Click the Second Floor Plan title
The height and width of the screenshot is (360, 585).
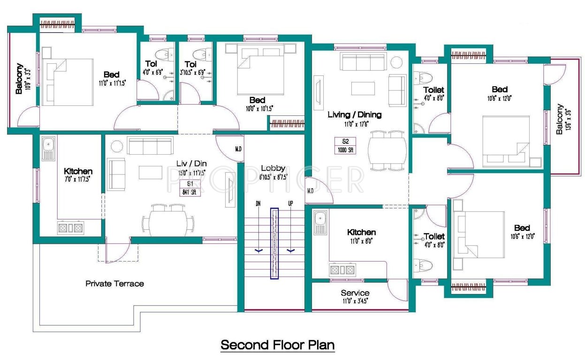[x=278, y=345]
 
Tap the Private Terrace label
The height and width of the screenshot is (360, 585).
[x=114, y=284]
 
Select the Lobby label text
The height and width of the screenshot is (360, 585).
[x=273, y=168]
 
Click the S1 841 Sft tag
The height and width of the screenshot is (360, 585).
[x=190, y=187]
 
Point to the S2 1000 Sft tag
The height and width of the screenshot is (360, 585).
[x=345, y=146]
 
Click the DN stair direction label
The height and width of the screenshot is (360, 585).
[x=258, y=204]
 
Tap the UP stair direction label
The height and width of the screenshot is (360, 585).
[x=291, y=204]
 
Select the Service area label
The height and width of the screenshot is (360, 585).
[x=355, y=293]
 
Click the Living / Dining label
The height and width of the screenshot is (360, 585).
[x=354, y=114]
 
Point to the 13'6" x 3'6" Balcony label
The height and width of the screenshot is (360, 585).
[x=560, y=120]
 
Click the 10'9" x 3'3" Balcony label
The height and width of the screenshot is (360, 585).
[x=19, y=79]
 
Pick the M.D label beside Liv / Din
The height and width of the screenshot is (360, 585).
[x=238, y=150]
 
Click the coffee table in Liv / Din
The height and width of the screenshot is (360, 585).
[x=150, y=172]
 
